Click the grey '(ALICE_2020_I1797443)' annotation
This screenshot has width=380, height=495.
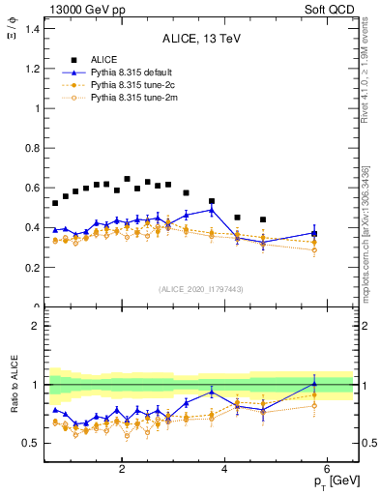[x=201, y=289]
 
